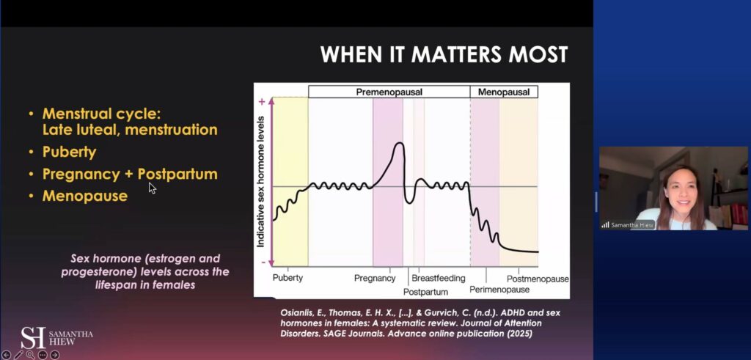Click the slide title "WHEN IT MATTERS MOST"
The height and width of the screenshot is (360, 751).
[x=444, y=54]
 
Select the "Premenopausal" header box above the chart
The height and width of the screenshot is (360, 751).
[x=389, y=92]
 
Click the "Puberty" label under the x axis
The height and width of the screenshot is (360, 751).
[x=287, y=279]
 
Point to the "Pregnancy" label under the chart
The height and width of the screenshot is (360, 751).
[x=375, y=279]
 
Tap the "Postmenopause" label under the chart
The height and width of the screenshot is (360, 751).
[x=538, y=279]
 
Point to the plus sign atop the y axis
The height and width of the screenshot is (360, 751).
[x=261, y=104]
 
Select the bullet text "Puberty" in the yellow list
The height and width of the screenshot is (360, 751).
[x=70, y=153]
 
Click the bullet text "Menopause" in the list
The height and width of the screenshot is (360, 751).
[x=84, y=196]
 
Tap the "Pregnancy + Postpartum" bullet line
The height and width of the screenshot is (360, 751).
[x=130, y=175]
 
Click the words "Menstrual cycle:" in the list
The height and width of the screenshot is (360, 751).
[x=100, y=114]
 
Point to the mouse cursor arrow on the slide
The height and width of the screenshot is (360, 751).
[x=151, y=187]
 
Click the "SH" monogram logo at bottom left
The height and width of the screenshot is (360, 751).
[x=33, y=337]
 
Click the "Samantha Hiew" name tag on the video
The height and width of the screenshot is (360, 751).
[x=628, y=224]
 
